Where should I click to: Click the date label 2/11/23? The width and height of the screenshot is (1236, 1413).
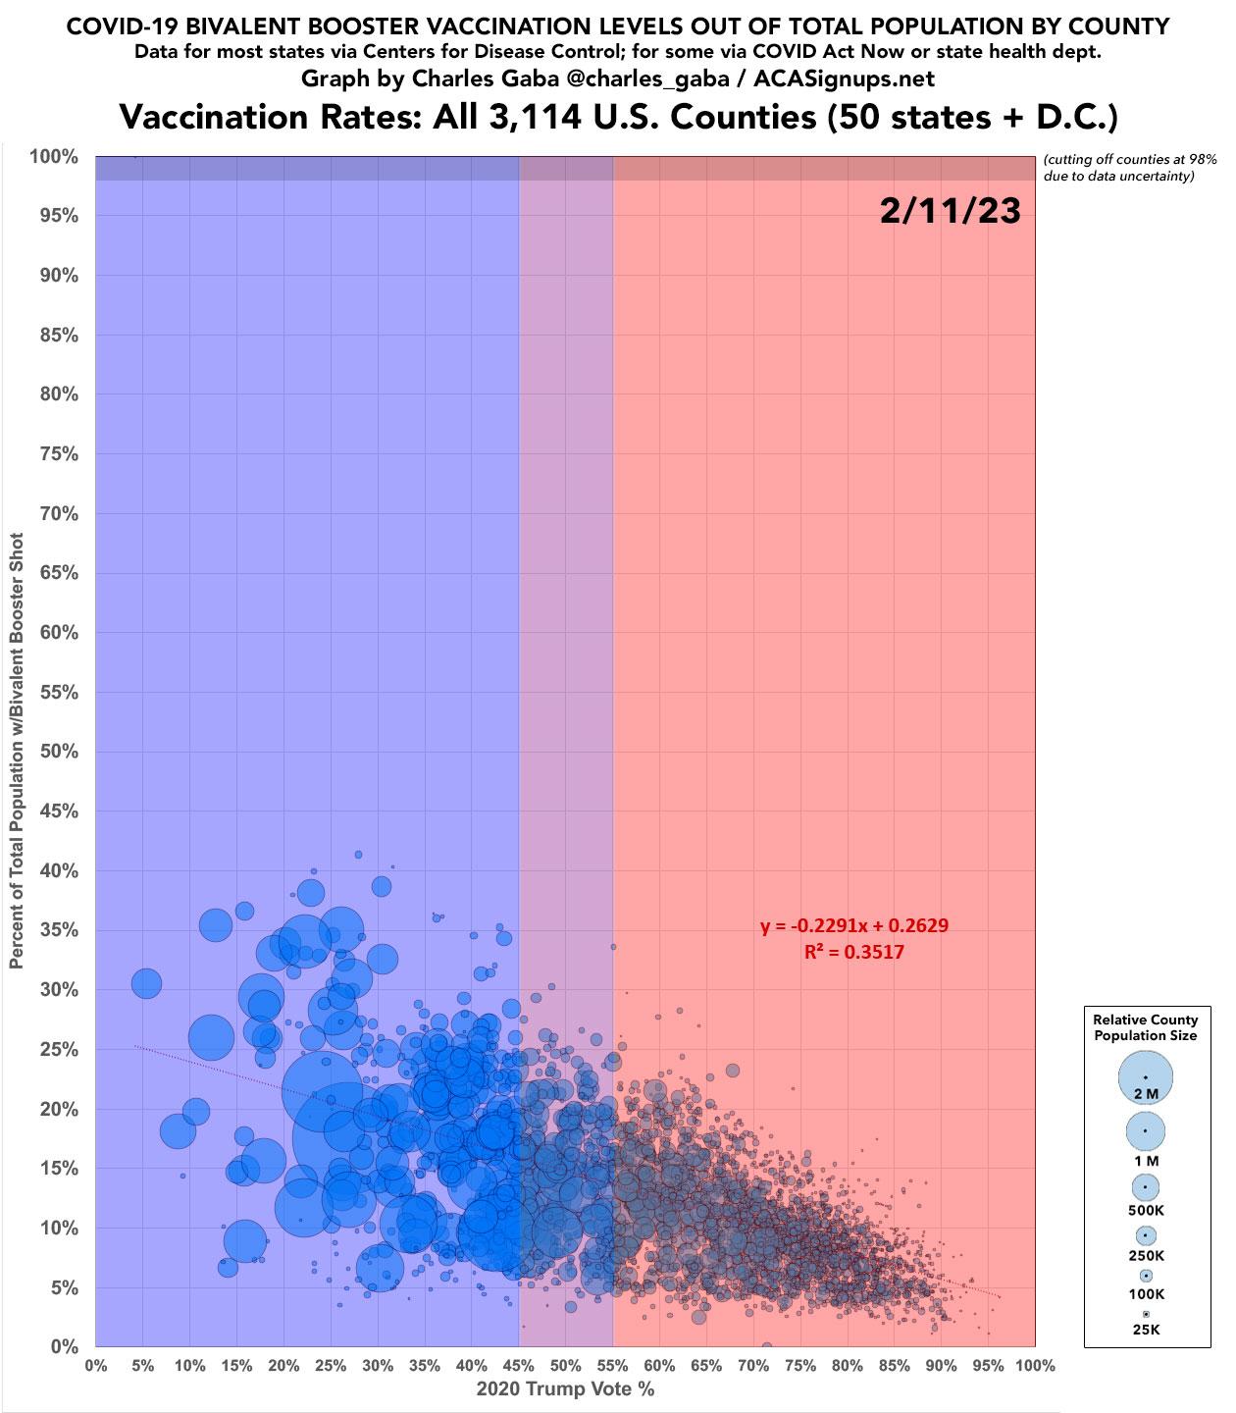[x=950, y=211]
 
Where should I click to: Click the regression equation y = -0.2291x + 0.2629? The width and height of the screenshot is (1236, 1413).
[x=854, y=925]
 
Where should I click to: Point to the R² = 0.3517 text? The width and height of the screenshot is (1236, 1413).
[x=854, y=953]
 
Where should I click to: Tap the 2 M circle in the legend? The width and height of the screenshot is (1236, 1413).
[x=1145, y=1077]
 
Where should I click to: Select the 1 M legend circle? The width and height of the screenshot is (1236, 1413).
[x=1145, y=1131]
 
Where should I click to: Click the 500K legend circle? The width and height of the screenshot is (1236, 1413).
[x=1145, y=1187]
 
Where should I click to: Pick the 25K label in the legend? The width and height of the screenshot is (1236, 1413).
[x=1146, y=1330]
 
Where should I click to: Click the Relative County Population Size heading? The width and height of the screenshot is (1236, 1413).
[x=1145, y=1027]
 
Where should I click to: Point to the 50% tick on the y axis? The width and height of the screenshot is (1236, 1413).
[x=59, y=752]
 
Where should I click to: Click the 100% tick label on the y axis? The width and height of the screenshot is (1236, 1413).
[x=54, y=157]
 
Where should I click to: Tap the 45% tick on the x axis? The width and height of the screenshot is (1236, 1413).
[x=519, y=1365]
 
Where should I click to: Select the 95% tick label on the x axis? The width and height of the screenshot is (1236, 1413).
[x=988, y=1365]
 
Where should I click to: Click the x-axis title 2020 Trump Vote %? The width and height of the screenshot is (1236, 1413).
[x=565, y=1388]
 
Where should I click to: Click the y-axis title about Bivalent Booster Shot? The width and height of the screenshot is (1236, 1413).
[x=17, y=751]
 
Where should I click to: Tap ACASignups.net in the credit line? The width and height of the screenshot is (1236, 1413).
[x=844, y=78]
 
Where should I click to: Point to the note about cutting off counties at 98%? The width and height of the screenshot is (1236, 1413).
[x=1130, y=168]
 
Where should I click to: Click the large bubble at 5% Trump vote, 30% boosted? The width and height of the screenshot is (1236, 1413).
[x=146, y=983]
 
